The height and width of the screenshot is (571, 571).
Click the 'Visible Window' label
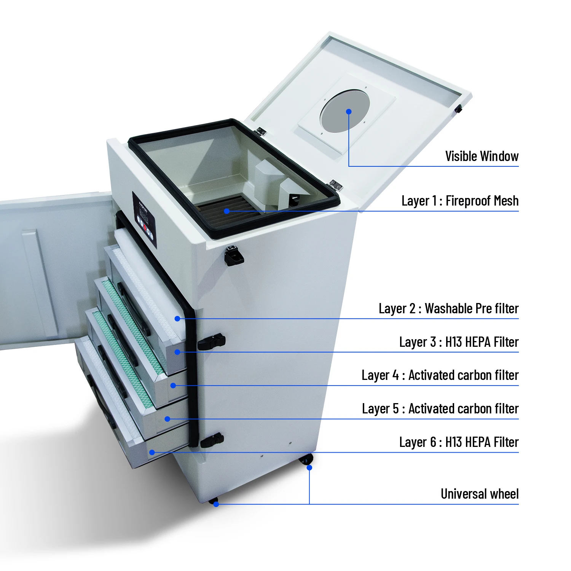click(x=482, y=156)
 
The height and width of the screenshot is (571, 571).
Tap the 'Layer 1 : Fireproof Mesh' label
click(x=460, y=201)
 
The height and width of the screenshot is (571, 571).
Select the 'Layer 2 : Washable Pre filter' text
click(x=448, y=308)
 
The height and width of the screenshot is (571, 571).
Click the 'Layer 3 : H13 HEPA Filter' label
click(x=459, y=342)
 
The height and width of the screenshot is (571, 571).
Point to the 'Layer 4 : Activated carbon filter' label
click(x=440, y=375)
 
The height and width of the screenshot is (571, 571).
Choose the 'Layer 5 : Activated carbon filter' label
click(x=440, y=409)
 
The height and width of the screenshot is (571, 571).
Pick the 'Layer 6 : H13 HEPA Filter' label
click(x=459, y=442)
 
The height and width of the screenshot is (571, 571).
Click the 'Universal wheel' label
click(x=479, y=494)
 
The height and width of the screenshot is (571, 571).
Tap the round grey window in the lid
click(x=345, y=111)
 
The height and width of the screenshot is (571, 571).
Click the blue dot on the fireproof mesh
click(x=226, y=211)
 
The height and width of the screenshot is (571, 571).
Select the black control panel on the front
click(x=144, y=220)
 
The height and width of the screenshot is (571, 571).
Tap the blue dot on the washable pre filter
click(x=177, y=319)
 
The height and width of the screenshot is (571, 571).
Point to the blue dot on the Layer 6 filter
click(x=152, y=452)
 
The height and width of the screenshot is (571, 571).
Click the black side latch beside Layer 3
click(x=211, y=341)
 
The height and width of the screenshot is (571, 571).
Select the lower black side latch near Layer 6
click(x=212, y=440)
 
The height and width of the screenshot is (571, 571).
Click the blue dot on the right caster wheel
click(x=309, y=467)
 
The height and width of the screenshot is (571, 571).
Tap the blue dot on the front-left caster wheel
click(x=216, y=504)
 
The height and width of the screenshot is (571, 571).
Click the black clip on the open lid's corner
click(x=458, y=109)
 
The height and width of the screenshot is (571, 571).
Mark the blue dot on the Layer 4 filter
click(x=173, y=386)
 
